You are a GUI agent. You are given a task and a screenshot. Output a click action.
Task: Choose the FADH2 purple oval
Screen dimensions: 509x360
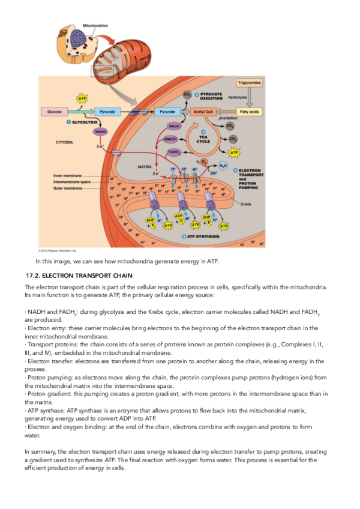[175, 152]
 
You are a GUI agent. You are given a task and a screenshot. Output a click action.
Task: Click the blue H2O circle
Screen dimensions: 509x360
[223, 166]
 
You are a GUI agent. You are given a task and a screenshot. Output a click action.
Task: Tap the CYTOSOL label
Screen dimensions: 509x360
[65, 143]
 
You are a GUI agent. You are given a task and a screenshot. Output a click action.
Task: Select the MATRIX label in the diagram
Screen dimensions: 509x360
[144, 166]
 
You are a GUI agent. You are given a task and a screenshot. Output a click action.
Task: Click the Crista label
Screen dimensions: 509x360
[246, 204]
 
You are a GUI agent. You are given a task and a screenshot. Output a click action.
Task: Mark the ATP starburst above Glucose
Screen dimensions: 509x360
[83, 98]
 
